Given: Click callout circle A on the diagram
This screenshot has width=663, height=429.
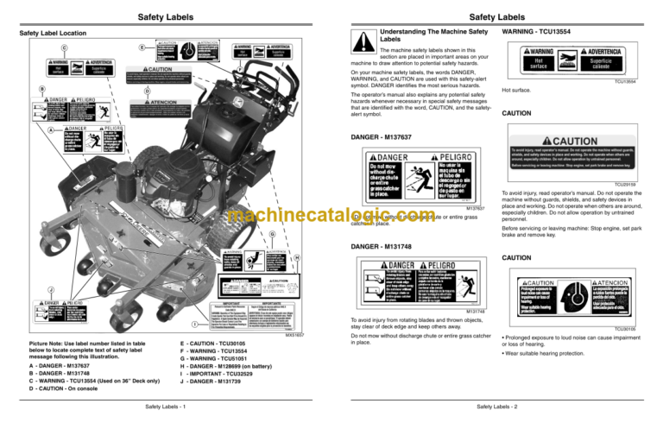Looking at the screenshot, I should [x=51, y=130].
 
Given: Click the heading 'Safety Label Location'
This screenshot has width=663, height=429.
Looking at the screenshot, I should [x=53, y=34].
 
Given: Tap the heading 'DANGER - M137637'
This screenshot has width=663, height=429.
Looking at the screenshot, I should [x=382, y=137].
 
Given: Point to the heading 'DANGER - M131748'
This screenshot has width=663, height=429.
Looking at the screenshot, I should [x=382, y=247].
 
